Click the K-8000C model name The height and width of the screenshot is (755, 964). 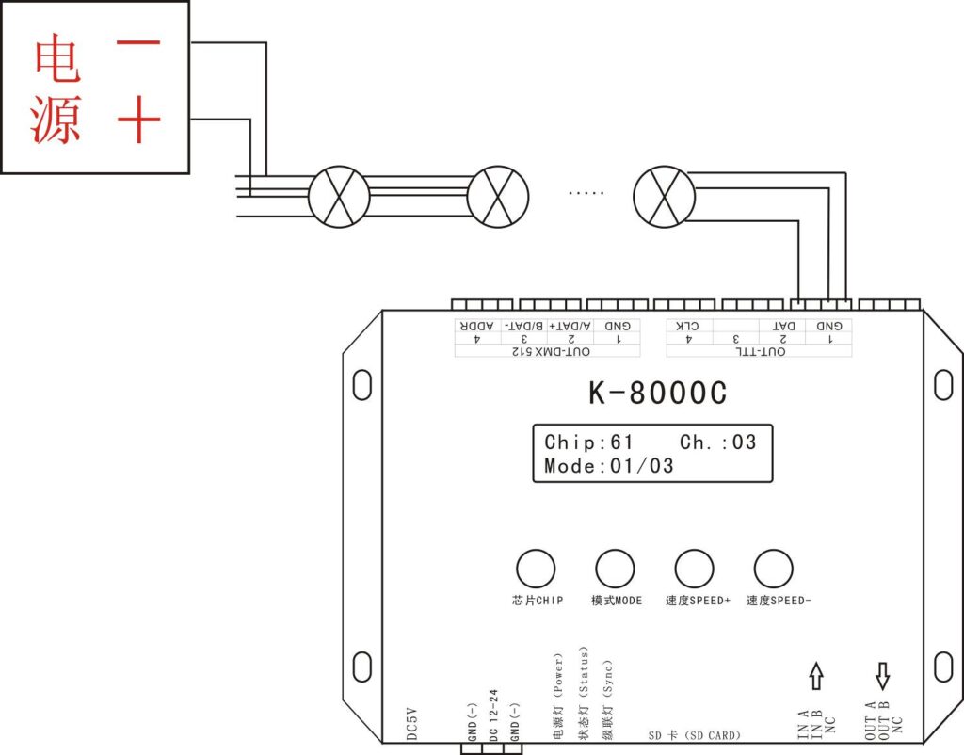tap(657, 393)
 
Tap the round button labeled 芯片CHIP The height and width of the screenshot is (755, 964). tap(536, 569)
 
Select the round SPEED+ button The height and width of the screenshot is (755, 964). tap(694, 569)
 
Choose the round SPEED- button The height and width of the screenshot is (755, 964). tap(774, 569)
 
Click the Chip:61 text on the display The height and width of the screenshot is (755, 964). tap(588, 442)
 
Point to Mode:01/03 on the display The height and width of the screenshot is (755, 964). tap(609, 465)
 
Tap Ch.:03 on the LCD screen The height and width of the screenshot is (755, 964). tap(717, 442)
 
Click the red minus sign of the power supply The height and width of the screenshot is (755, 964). tap(138, 43)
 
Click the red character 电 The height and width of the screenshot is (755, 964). tap(56, 57)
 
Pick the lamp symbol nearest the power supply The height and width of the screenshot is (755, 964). tap(339, 197)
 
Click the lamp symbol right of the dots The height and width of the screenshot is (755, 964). tap(664, 197)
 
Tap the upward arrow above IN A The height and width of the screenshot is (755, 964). tap(816, 676)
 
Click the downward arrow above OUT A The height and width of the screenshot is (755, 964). tap(883, 676)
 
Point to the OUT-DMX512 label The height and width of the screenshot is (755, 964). tap(551, 352)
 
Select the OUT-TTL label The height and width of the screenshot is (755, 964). tap(761, 352)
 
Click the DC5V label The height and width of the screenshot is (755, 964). tap(412, 723)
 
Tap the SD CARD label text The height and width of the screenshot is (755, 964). tap(694, 734)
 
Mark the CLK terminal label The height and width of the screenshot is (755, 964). tap(686, 326)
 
